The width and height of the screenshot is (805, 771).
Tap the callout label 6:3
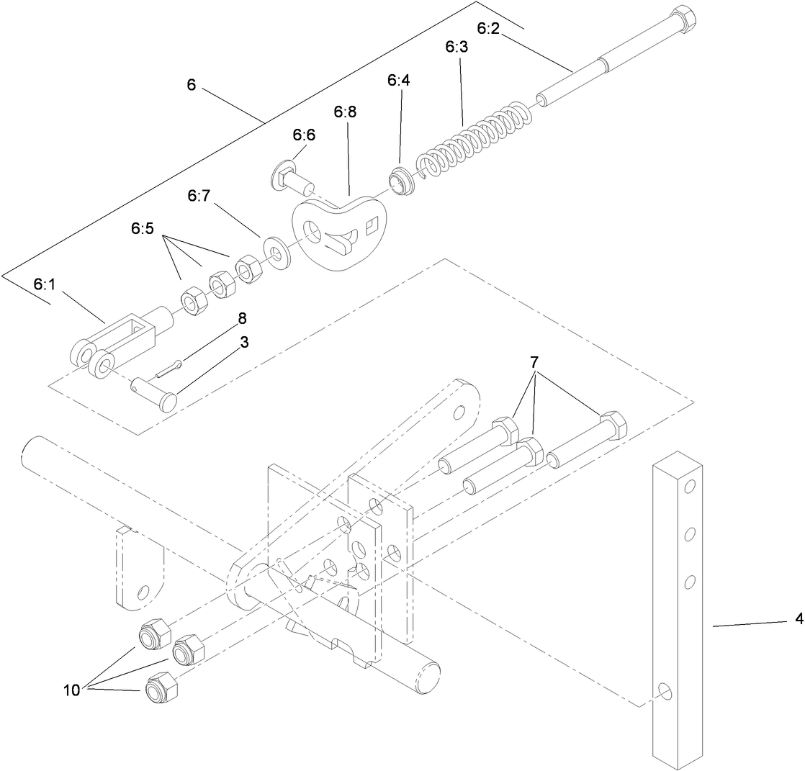pyautogui.click(x=456, y=48)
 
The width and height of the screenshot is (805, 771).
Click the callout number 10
pyautogui.click(x=71, y=690)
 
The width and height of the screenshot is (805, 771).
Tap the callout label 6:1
pyautogui.click(x=44, y=284)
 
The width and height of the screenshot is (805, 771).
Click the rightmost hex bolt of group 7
pyautogui.click(x=587, y=441)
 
